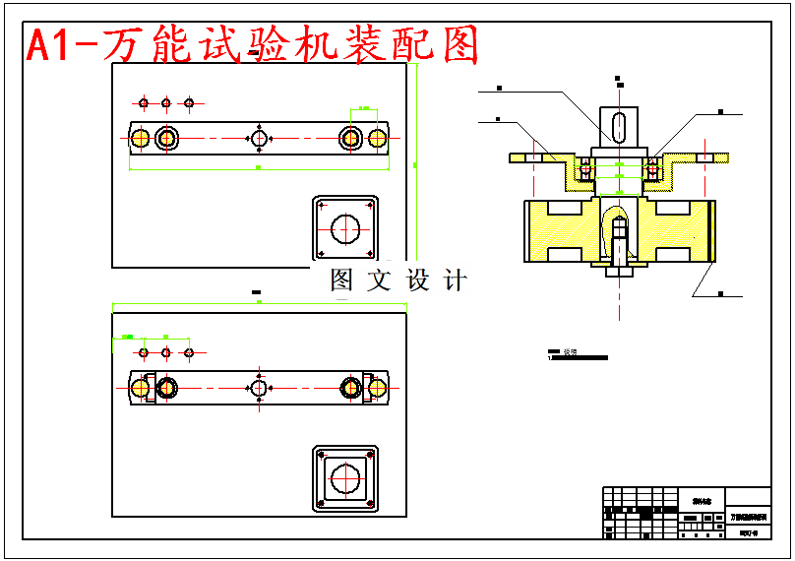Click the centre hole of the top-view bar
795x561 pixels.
pos(259,138)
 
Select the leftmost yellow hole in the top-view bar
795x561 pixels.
pos(140,138)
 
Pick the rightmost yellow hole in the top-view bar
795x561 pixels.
pos(377,138)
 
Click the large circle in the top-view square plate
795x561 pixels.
pos(345,229)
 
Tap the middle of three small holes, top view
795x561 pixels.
pos(166,102)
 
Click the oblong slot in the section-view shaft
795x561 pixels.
pos(619,127)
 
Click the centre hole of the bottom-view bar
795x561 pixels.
pos(259,388)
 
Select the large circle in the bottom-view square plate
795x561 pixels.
pos(345,479)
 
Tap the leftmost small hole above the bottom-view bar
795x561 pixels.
pos(144,352)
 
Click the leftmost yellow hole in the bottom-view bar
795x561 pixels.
pos(140,388)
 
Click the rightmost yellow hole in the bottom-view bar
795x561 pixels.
pos(377,388)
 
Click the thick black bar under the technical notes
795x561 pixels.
pos(579,358)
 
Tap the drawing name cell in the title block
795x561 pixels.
pos(749,517)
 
